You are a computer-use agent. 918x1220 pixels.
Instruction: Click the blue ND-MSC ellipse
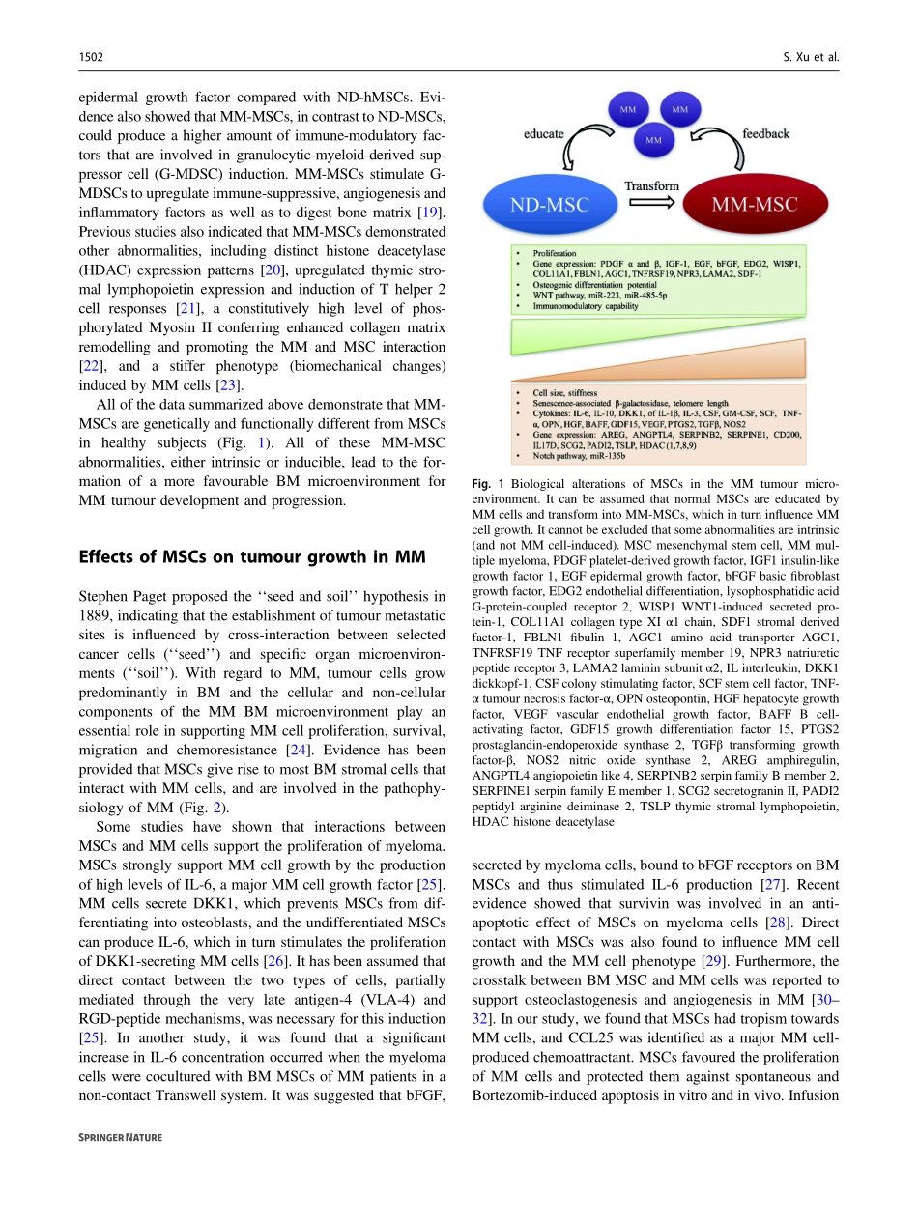click(550, 204)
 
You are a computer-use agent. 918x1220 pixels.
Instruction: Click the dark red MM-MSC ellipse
click(754, 204)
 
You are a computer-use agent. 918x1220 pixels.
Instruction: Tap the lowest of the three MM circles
click(653, 141)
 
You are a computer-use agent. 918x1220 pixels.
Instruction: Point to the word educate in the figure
click(543, 133)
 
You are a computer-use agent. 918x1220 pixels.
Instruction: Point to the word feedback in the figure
click(765, 133)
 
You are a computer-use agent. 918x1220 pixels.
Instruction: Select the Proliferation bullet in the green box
click(554, 253)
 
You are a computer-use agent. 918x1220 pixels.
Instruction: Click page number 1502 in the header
click(91, 58)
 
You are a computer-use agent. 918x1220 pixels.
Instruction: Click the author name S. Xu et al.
click(811, 58)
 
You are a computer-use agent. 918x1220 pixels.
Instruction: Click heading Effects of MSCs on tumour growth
click(251, 556)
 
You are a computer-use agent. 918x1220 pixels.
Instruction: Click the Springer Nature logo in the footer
click(120, 1138)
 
